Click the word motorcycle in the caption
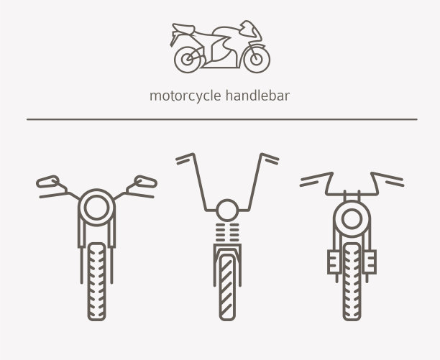point(185,96)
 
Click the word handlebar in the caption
point(257,96)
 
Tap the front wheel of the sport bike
point(257,60)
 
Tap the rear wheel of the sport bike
point(188,60)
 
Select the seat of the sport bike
point(183,28)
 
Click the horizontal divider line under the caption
point(222,119)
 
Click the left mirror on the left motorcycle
point(47,182)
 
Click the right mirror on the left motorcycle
point(145,182)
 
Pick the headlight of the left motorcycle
point(96,208)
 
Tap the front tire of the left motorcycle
point(96,282)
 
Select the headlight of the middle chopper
point(227,211)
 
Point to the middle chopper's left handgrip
point(184,159)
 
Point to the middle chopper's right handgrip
point(270,159)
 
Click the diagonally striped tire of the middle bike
point(227,287)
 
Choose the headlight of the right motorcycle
point(352,218)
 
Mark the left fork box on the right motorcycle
point(334,262)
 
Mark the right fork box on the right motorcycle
point(370,262)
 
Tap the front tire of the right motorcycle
point(352,282)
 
